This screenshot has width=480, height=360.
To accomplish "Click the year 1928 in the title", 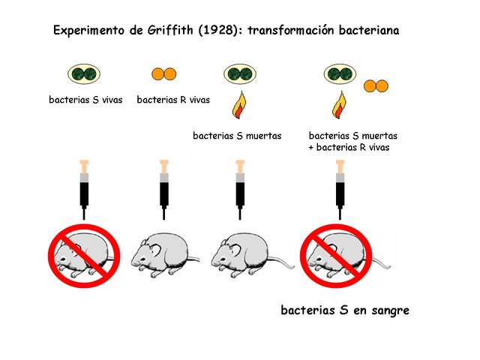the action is [217, 31].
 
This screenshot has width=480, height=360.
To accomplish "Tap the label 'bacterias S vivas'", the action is [85, 100].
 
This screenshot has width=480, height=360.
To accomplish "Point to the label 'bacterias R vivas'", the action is [173, 100].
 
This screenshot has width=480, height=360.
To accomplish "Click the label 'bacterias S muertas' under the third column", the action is [237, 136].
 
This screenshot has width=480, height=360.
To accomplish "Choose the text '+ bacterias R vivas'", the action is [349, 147].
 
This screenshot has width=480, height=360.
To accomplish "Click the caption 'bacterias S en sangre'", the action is [345, 310].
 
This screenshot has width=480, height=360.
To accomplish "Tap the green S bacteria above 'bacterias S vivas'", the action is [85, 74].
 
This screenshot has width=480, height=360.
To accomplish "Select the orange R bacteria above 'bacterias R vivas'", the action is [164, 74].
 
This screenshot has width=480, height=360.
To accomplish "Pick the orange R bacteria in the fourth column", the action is [376, 85].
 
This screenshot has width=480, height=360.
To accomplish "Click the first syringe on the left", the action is [84, 187].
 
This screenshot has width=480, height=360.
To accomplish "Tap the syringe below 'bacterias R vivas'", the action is [164, 187].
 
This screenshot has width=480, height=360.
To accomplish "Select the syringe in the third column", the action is [240, 187].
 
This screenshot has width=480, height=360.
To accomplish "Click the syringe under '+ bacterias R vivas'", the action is [340, 187].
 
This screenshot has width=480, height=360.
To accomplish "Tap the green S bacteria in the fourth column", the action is [340, 74].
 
